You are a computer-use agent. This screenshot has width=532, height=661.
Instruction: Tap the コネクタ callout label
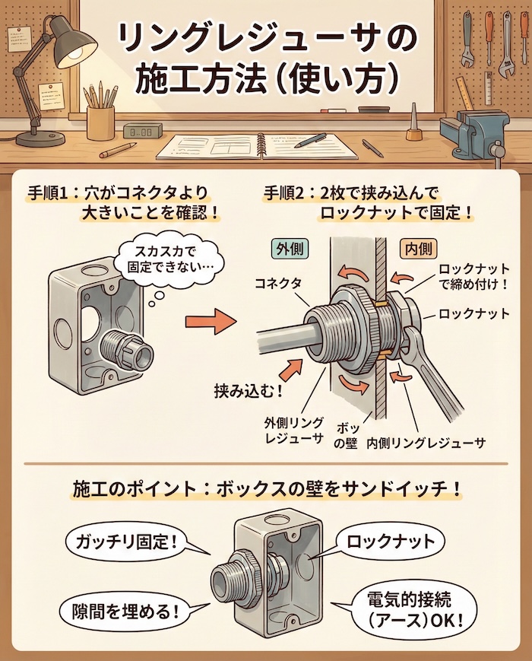click(x=277, y=282)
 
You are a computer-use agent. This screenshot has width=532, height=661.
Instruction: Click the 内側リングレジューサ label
click(x=426, y=441)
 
